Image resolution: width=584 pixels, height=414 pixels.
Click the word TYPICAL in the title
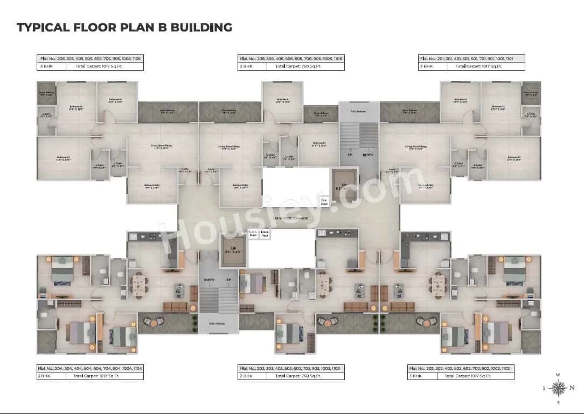point(40,27)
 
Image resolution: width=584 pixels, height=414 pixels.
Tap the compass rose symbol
point(560,387)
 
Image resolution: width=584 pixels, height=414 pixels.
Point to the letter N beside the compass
point(572,388)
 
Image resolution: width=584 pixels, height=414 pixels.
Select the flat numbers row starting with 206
point(291,58)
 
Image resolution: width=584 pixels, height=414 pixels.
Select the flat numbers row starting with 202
point(461,368)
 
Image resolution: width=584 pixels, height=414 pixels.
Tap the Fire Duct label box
point(324,202)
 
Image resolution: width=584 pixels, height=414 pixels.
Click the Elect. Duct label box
point(265,234)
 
